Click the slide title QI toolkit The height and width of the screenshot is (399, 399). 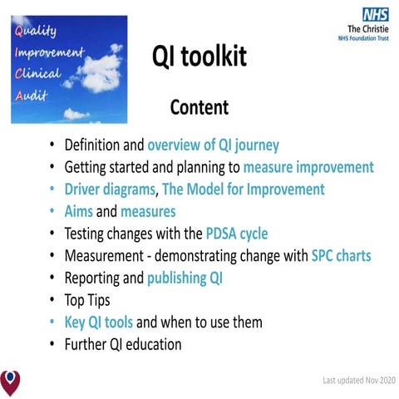[199, 57]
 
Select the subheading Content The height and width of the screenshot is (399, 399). [199, 107]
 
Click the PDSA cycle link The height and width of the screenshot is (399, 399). [237, 233]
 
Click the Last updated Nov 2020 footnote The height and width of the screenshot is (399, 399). [359, 381]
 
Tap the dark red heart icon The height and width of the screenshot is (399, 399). [11, 382]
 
